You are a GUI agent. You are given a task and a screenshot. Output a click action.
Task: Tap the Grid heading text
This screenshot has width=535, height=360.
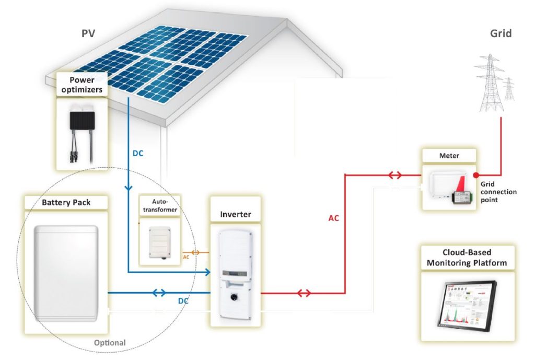click(500, 34)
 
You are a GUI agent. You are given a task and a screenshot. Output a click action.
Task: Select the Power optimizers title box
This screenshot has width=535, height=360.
click(82, 85)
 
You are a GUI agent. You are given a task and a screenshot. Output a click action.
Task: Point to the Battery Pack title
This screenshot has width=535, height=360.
click(67, 202)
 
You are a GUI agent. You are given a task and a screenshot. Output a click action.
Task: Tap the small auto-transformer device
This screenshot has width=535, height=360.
click(160, 242)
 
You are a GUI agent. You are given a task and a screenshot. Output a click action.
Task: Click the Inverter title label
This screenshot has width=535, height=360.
click(235, 214)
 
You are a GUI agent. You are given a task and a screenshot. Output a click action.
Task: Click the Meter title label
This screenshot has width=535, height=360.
click(449, 156)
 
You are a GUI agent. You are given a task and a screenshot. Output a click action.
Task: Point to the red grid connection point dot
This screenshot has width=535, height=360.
click(476, 175)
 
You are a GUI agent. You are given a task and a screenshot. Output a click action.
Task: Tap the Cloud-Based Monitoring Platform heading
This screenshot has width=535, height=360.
click(467, 257)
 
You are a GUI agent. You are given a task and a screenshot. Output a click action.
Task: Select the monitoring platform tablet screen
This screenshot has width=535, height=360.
click(467, 305)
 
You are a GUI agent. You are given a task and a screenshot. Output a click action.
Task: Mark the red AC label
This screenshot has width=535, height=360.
click(333, 218)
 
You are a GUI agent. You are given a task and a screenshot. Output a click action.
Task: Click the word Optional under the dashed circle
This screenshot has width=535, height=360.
click(110, 343)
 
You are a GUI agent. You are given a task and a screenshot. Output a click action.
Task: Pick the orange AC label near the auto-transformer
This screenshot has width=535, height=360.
click(187, 257)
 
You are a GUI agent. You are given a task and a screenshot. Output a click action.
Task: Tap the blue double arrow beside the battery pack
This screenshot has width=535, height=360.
click(161, 293)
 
